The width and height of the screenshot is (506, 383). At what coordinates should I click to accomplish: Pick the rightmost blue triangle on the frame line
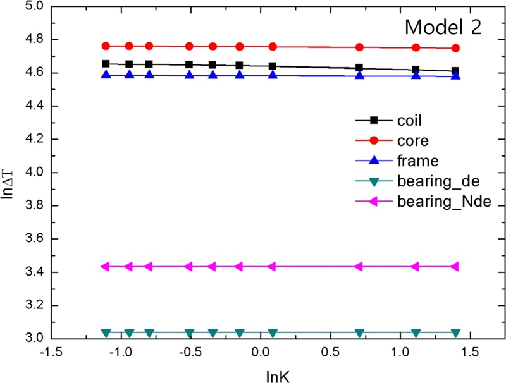pyautogui.click(x=455, y=75)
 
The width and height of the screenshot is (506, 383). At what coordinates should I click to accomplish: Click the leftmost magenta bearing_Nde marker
pyautogui.click(x=106, y=266)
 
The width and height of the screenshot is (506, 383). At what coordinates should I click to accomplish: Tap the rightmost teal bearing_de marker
pyautogui.click(x=455, y=333)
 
